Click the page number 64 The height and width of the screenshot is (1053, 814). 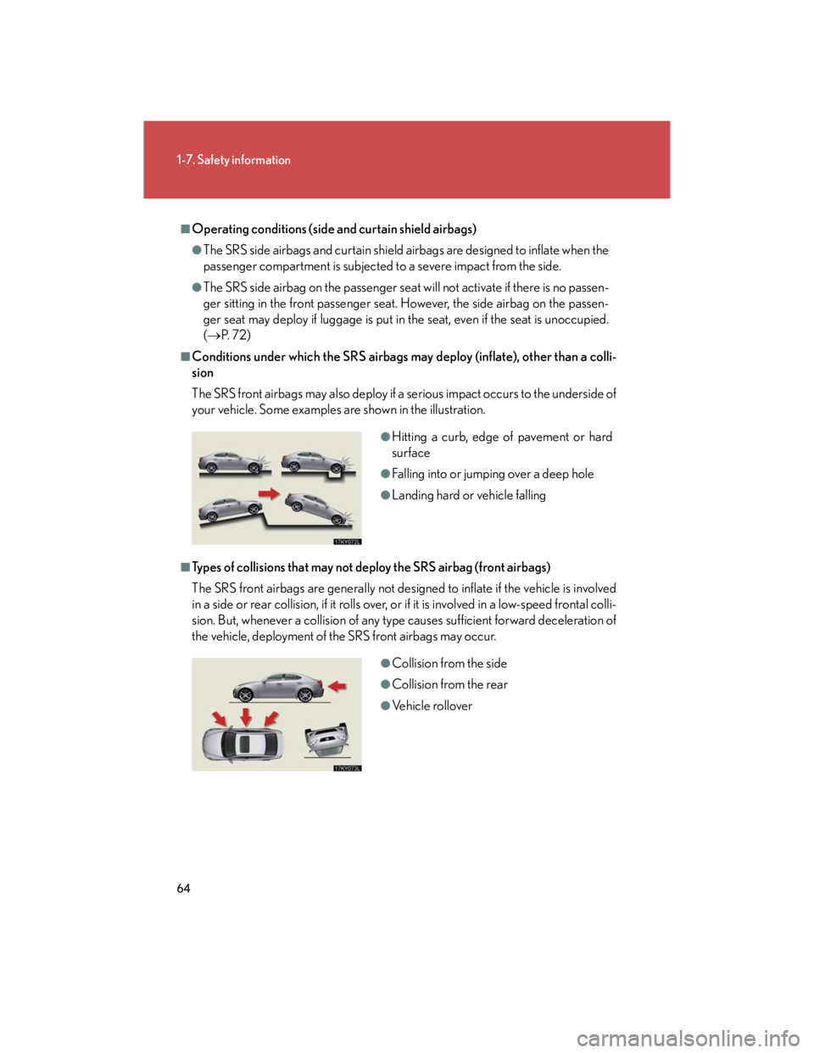[x=183, y=888]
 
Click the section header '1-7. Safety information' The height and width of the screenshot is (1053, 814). [x=233, y=160]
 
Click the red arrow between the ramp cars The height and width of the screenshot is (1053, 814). [x=270, y=493]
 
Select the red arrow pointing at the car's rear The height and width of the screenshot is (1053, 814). [x=337, y=685]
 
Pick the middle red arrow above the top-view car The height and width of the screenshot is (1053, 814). [x=246, y=717]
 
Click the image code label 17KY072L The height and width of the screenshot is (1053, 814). [x=348, y=541]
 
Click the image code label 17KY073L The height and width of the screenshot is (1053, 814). [x=348, y=767]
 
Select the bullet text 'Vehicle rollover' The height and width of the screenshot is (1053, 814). [x=432, y=705]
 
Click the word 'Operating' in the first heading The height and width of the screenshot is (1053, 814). [x=215, y=229]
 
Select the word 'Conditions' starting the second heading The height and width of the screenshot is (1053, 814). [x=220, y=357]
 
